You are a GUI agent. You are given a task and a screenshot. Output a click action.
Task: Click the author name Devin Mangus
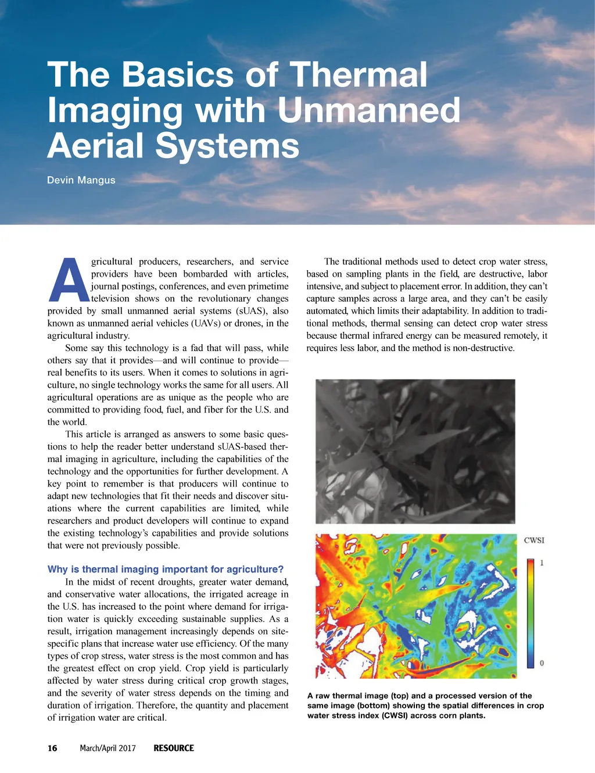point(81,180)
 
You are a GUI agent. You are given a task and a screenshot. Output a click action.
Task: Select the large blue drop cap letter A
point(69,280)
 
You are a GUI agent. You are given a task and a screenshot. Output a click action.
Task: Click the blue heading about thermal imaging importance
point(166,569)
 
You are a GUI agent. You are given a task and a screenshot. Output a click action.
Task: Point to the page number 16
point(52,748)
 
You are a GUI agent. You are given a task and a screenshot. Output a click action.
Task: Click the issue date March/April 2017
point(107,748)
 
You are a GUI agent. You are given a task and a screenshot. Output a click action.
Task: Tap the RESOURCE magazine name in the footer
point(174,748)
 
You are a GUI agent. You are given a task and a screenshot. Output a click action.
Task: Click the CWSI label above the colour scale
point(534,540)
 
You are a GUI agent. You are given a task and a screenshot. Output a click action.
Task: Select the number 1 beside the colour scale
point(542,563)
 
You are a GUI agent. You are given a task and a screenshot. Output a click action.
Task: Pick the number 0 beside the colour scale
point(542,663)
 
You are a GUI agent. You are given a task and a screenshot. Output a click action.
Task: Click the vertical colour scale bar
point(531,613)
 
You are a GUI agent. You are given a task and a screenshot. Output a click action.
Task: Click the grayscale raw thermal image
point(415,451)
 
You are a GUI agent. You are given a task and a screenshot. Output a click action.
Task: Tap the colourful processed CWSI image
point(415,606)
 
